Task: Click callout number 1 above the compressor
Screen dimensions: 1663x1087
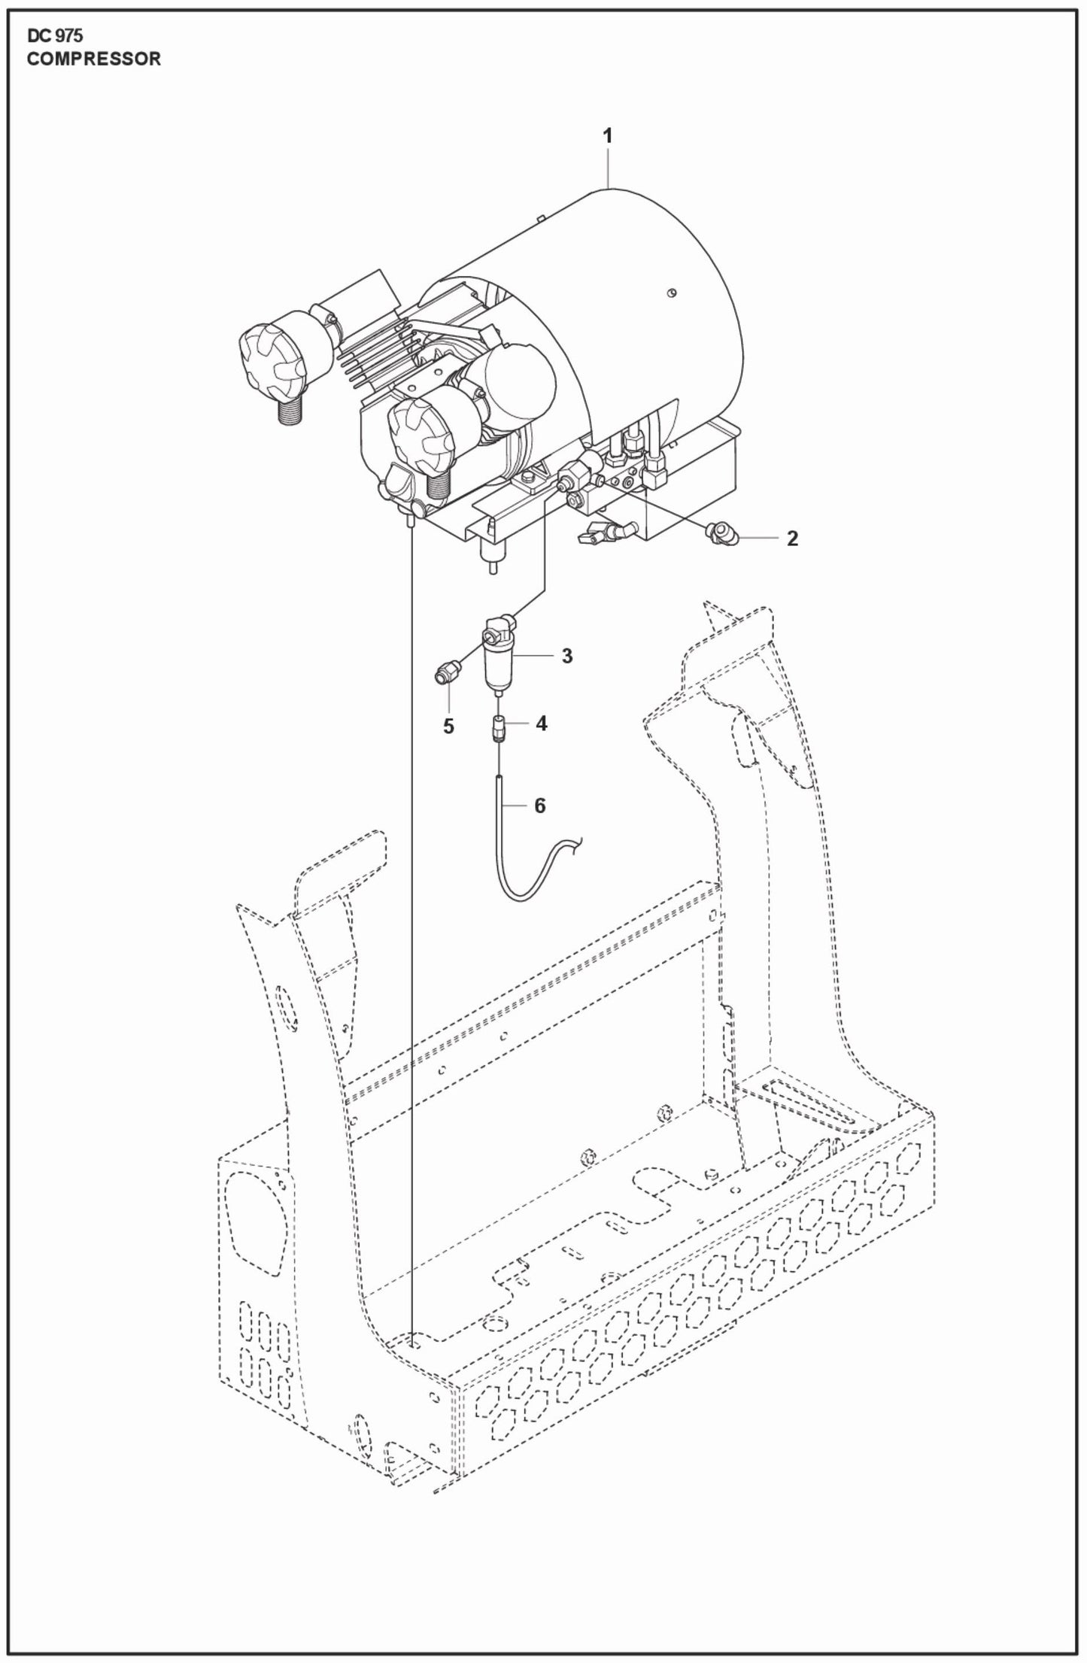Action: [607, 136]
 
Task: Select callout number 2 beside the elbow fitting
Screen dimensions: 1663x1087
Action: [791, 539]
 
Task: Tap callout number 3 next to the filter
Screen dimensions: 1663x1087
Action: [566, 656]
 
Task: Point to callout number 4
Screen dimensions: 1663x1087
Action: [541, 724]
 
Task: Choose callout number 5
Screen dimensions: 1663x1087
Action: [448, 727]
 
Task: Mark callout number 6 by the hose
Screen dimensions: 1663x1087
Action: [539, 806]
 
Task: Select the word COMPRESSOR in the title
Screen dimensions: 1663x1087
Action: [94, 59]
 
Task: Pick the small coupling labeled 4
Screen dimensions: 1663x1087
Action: [498, 729]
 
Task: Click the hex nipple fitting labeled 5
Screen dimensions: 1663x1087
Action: [447, 672]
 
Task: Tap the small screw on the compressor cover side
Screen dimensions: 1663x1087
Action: [675, 293]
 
